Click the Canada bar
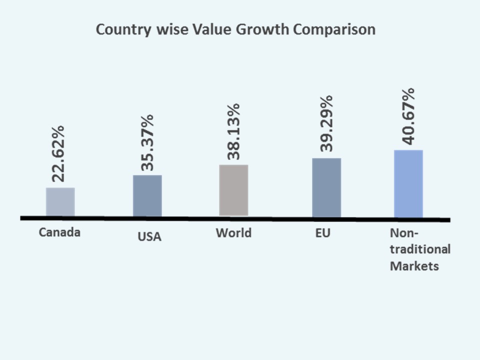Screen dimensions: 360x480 (x=60, y=202)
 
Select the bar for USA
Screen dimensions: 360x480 (x=147, y=196)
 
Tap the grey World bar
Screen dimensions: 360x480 (x=233, y=190)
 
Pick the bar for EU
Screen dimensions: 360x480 (x=326, y=187)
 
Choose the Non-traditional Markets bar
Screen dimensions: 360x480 (x=408, y=183)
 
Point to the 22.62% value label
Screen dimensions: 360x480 (x=58, y=153)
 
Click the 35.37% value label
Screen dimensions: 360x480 (x=147, y=142)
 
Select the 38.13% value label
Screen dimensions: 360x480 (x=233, y=131)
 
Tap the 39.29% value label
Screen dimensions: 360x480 (x=326, y=123)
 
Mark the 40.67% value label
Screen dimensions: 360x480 (x=408, y=116)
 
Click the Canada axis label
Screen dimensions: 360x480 (x=59, y=232)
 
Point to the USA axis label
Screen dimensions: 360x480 (x=149, y=236)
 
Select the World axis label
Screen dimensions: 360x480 (x=233, y=233)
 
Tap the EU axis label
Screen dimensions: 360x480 (x=323, y=233)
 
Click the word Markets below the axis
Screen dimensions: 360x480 (x=414, y=265)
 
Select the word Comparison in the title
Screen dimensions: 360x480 (x=334, y=30)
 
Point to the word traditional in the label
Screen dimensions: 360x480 (x=420, y=249)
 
